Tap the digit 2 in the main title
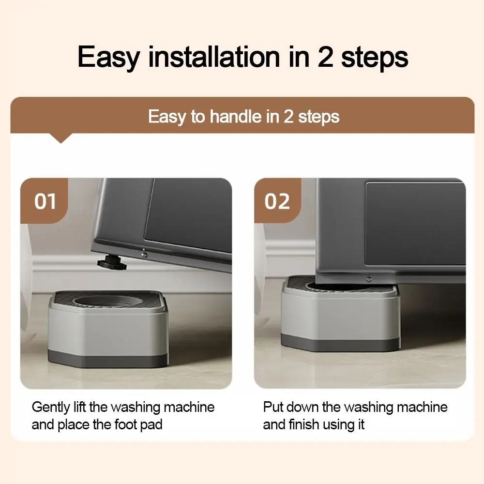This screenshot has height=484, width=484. [326, 57]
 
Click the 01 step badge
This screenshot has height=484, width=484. [45, 201]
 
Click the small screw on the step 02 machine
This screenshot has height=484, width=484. [369, 279]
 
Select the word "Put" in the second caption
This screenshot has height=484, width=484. [272, 407]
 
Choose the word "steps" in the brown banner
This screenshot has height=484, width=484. [318, 117]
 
